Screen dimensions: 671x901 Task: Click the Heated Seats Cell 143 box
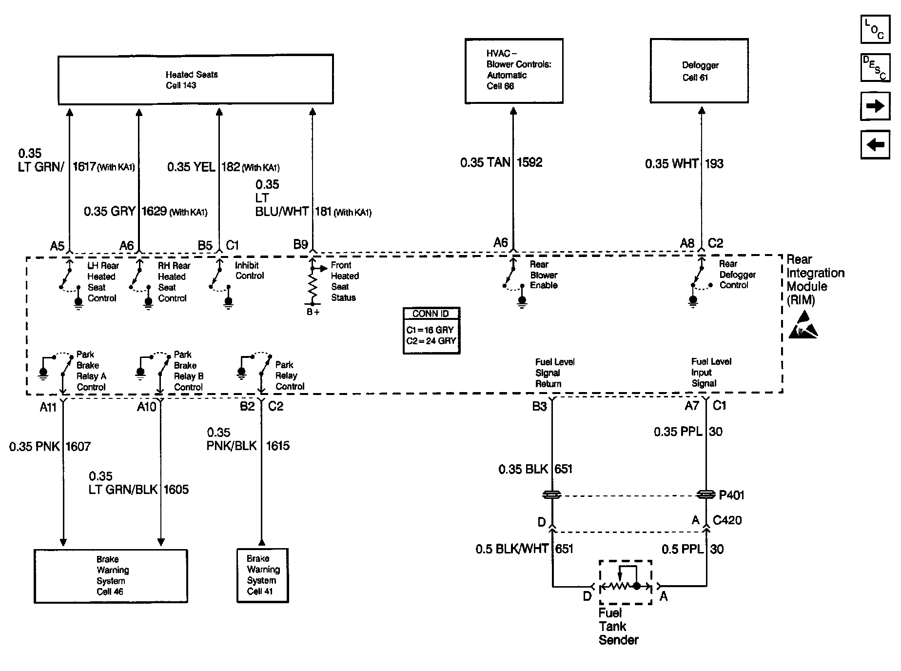pos(196,79)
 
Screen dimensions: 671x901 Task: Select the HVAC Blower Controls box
pos(514,71)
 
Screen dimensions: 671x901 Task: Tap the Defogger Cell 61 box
pos(699,71)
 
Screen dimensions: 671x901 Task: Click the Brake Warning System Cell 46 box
pos(111,576)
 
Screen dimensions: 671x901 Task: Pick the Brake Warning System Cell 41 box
pos(262,575)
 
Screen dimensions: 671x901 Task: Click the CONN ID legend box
pos(431,330)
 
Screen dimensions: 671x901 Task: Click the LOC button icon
pos(875,29)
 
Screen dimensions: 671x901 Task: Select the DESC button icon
pos(875,68)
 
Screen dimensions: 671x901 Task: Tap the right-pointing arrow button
pos(875,106)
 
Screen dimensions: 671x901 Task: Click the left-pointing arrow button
pos(875,145)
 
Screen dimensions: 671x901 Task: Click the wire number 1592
pos(529,162)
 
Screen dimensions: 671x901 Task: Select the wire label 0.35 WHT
pos(672,164)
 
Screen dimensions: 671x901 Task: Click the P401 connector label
pos(732,495)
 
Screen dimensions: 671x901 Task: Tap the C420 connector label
pos(727,520)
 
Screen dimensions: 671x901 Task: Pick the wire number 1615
pos(278,446)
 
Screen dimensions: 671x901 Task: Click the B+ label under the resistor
pos(313,312)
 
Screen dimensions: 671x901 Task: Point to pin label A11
pos(48,407)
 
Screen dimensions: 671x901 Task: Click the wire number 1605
pos(176,490)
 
